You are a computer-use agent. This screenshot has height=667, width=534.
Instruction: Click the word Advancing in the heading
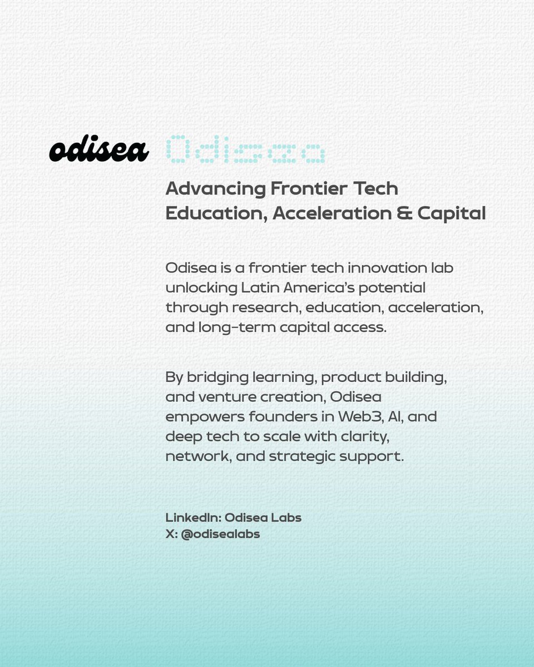[x=216, y=189]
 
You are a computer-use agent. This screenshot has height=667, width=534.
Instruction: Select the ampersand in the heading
[x=403, y=213]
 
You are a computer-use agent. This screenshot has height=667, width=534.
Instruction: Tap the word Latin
[x=261, y=288]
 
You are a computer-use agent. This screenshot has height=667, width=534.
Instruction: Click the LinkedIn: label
[x=193, y=517]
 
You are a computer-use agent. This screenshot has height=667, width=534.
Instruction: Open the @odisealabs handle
[x=220, y=535]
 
